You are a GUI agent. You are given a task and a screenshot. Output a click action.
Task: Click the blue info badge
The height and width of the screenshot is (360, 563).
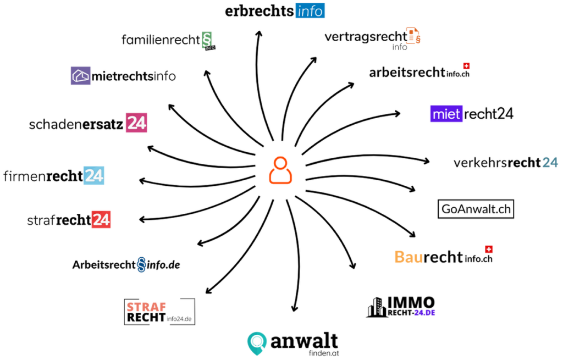(x=310, y=11)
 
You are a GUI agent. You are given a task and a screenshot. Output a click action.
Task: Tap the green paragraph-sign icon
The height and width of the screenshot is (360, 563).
(x=207, y=40)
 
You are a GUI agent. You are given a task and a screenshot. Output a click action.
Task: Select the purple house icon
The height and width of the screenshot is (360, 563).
(x=81, y=76)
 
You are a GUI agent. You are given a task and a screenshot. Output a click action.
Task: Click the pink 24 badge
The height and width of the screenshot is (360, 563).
(x=136, y=123)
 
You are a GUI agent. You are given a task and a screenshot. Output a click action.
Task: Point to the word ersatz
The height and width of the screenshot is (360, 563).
(x=104, y=124)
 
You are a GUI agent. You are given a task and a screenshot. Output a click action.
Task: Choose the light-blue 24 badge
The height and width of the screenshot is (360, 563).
(x=93, y=175)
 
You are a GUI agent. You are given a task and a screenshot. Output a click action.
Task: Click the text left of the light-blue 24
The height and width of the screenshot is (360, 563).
(x=64, y=176)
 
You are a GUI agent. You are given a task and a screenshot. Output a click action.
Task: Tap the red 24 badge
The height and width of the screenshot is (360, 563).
(x=101, y=219)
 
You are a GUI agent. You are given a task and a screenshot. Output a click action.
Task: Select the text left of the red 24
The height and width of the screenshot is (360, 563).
(x=73, y=220)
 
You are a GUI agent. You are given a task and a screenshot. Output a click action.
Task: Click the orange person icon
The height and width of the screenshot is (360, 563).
(x=280, y=170)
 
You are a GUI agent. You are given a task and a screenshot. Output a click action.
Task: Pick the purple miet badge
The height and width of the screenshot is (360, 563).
(x=446, y=114)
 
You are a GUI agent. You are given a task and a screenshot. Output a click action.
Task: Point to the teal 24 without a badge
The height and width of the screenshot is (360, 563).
(x=550, y=162)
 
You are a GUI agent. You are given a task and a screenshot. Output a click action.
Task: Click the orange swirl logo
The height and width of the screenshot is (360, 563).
(x=413, y=36)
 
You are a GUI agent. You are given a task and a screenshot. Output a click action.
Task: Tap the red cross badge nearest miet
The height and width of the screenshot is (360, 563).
(x=466, y=66)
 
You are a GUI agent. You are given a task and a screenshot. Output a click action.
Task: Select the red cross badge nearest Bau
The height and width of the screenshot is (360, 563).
(x=489, y=250)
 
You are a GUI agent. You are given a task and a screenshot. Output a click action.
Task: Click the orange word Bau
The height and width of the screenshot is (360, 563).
(x=409, y=257)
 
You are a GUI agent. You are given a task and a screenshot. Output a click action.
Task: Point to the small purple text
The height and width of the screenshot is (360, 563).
(x=424, y=312)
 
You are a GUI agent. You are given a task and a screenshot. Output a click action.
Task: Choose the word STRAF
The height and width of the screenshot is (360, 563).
(x=147, y=307)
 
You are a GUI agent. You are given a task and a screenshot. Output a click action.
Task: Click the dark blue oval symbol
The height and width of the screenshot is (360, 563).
(x=141, y=264)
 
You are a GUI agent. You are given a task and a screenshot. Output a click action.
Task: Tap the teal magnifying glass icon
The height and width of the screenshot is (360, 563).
(x=257, y=343)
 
